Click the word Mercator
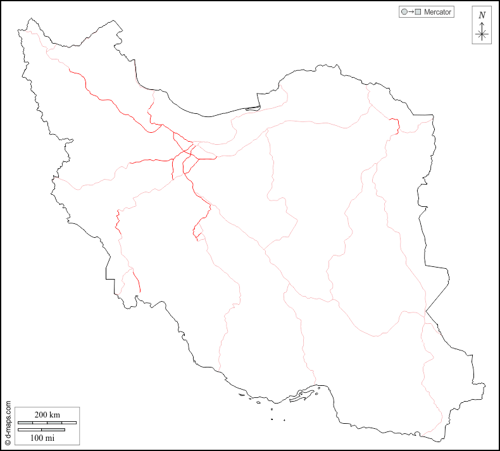pyautogui.click(x=437, y=12)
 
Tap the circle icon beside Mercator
pyautogui.click(x=403, y=12)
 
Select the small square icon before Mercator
pyautogui.click(x=418, y=12)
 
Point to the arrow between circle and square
pyautogui.click(x=410, y=12)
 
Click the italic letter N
pyautogui.click(x=482, y=15)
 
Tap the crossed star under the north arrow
pyautogui.click(x=482, y=34)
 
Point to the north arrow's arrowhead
pyautogui.click(x=482, y=23)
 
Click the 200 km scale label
pyautogui.click(x=47, y=414)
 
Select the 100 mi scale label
pyautogui.click(x=42, y=437)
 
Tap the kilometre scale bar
pyautogui.click(x=47, y=422)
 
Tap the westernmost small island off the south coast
pyautogui.click(x=242, y=395)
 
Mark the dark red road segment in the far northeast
pyautogui.click(x=396, y=125)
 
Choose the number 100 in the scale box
pyautogui.click(x=37, y=437)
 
